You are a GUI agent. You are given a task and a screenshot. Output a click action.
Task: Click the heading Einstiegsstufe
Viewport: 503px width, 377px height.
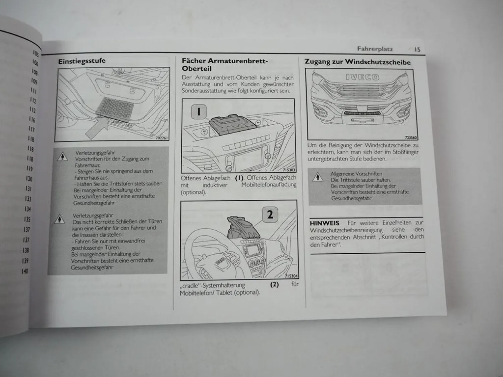(x=82, y=61)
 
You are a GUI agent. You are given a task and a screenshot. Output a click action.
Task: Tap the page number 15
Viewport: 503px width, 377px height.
(x=417, y=49)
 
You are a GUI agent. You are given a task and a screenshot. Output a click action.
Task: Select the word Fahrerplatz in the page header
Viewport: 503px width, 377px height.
(x=375, y=49)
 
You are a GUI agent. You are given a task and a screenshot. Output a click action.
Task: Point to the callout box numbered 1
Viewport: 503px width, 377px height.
(x=199, y=112)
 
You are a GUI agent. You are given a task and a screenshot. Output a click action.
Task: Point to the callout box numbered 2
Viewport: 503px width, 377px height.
(x=270, y=214)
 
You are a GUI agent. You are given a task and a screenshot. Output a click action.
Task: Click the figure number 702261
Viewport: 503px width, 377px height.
(x=162, y=138)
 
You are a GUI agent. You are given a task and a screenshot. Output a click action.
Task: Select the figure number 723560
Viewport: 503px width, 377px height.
(x=411, y=137)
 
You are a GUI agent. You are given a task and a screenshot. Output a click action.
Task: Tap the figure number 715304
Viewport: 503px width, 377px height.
(x=291, y=276)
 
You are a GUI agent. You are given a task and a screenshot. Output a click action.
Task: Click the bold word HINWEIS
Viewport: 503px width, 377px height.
(x=324, y=223)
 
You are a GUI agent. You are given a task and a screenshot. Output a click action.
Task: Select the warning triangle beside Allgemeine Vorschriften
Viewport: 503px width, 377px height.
(x=317, y=177)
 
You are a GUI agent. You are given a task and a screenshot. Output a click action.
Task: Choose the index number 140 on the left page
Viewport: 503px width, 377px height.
(x=25, y=271)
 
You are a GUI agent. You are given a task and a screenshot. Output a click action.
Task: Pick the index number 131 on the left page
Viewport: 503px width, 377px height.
(x=29, y=189)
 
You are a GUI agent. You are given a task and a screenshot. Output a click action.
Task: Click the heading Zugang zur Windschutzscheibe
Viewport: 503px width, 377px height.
(x=357, y=62)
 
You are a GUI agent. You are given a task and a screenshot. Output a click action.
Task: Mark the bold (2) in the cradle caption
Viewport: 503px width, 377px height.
(x=274, y=285)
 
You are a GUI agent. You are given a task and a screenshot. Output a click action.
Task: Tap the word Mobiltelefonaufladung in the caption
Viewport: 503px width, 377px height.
(x=269, y=185)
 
